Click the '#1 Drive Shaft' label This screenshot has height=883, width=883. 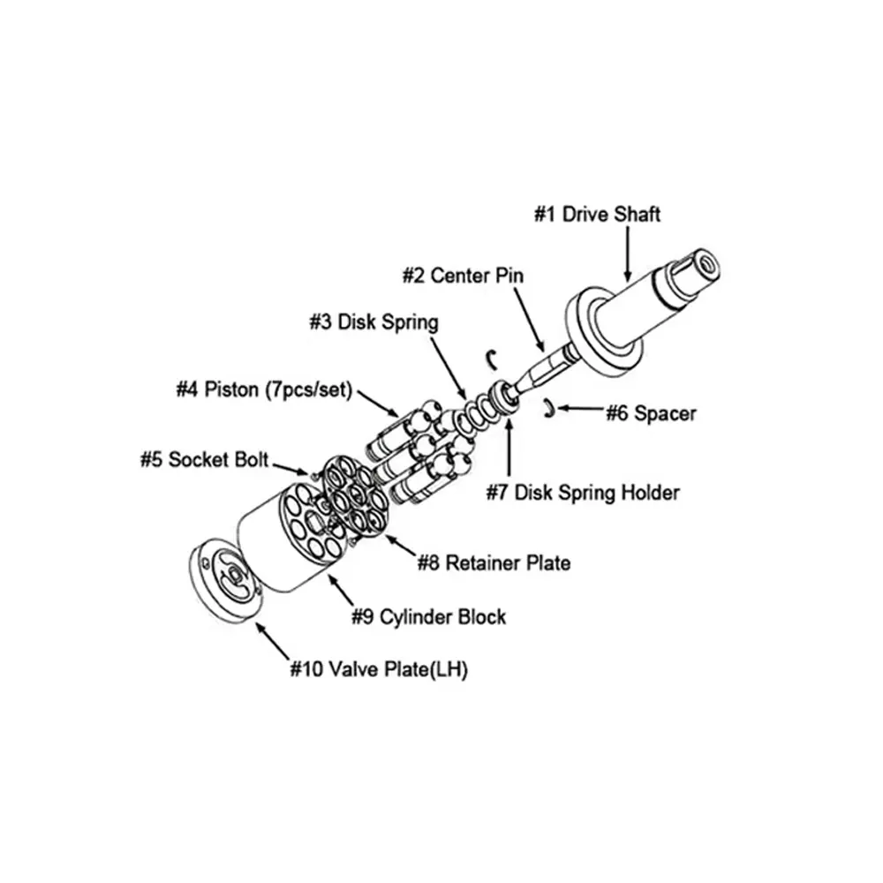point(597,214)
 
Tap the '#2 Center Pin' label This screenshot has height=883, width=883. point(463,275)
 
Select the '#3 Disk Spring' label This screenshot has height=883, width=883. point(374,322)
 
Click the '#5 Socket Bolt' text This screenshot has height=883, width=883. point(204,460)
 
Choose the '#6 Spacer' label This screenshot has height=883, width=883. point(650,412)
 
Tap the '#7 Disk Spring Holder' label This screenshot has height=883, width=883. point(583,492)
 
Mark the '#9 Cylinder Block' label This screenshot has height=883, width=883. point(429,616)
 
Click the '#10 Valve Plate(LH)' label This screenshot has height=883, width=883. point(379,669)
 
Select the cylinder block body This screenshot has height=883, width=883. point(265,547)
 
